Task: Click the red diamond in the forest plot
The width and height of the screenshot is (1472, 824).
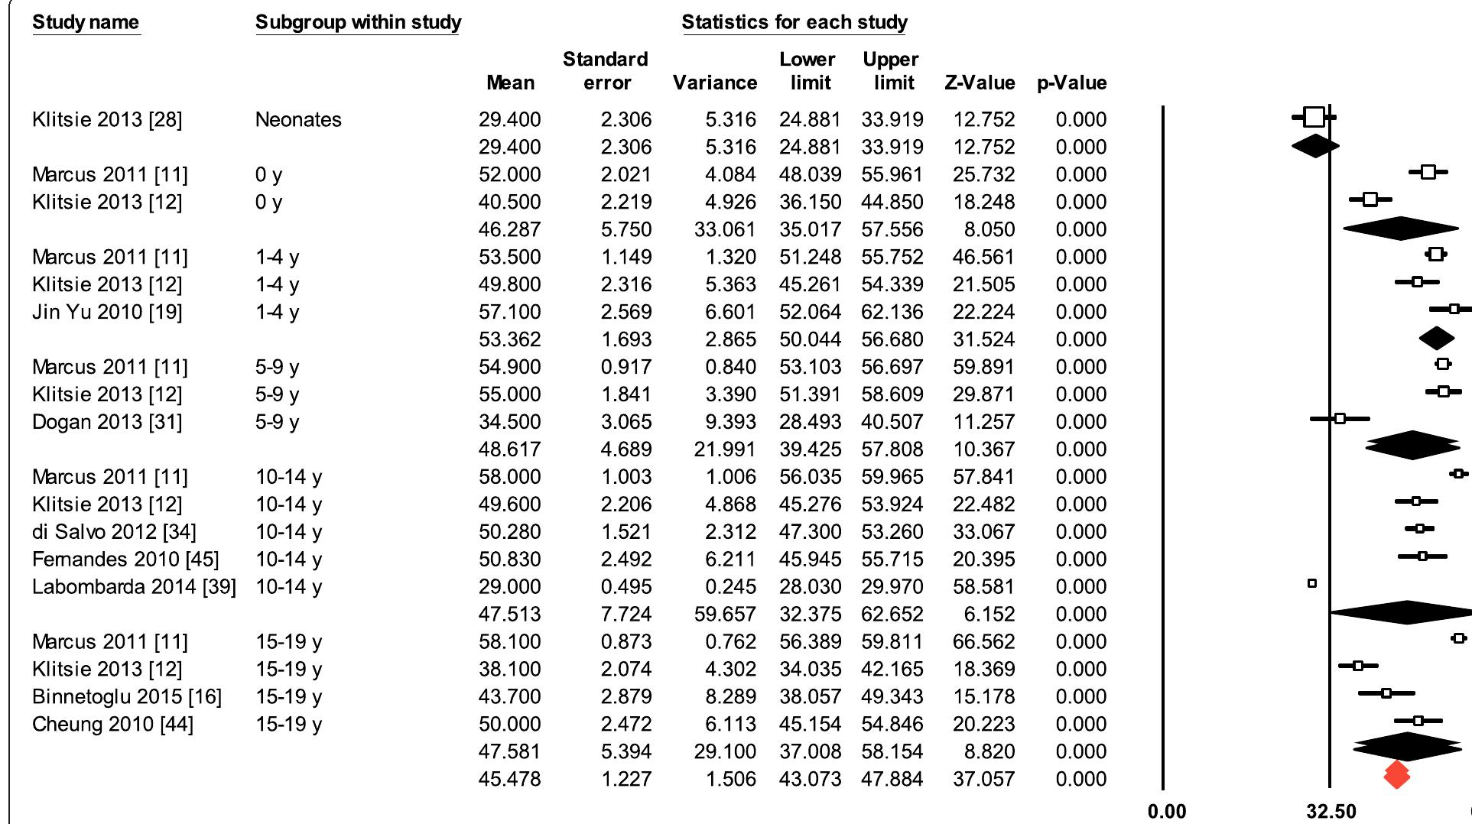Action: (x=1396, y=775)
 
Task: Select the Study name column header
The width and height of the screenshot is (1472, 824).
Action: (x=86, y=22)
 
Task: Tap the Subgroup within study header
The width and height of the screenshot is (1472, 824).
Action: (x=358, y=22)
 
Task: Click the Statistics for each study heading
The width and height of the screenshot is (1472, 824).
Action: (x=794, y=22)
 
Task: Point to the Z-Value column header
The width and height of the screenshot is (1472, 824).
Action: (x=980, y=83)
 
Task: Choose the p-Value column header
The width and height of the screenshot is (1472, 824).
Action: (x=1071, y=83)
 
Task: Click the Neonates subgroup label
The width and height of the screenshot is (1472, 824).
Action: (x=298, y=120)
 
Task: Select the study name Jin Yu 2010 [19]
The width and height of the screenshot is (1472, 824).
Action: (x=107, y=312)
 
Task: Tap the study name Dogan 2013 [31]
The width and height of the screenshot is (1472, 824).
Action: (x=107, y=422)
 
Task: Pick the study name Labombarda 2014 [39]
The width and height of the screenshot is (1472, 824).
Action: (x=134, y=587)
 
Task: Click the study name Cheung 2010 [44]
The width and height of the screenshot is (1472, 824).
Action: (x=112, y=725)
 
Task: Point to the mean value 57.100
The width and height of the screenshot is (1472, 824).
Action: (x=509, y=312)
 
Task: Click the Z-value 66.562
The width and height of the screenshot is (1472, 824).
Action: (x=983, y=642)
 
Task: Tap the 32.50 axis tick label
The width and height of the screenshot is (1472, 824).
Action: (x=1331, y=812)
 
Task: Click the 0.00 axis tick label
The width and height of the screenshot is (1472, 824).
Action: (x=1167, y=812)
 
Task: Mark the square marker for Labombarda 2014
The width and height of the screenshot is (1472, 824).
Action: (x=1312, y=584)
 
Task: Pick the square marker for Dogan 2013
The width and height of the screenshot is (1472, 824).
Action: (x=1340, y=419)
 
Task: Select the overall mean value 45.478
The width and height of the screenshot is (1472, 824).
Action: (x=509, y=780)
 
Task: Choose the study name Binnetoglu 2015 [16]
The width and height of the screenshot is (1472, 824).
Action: (x=126, y=697)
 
